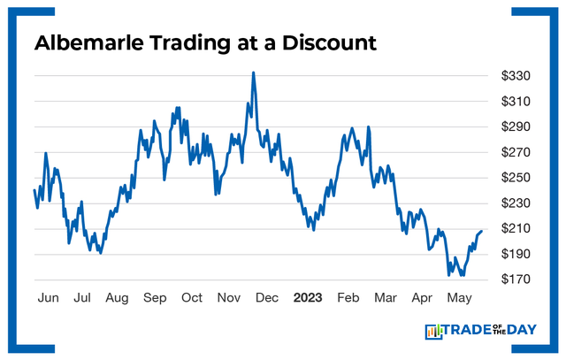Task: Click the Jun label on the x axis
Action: coord(49,297)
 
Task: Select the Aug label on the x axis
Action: coord(118,297)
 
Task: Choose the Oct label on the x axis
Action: coord(192,297)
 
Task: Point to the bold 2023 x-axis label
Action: coord(307,297)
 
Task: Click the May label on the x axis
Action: coord(458,297)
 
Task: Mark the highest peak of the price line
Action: coord(253,73)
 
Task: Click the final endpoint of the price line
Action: coord(482,231)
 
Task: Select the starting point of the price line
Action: coord(34,190)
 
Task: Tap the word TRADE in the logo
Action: coord(467,332)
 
